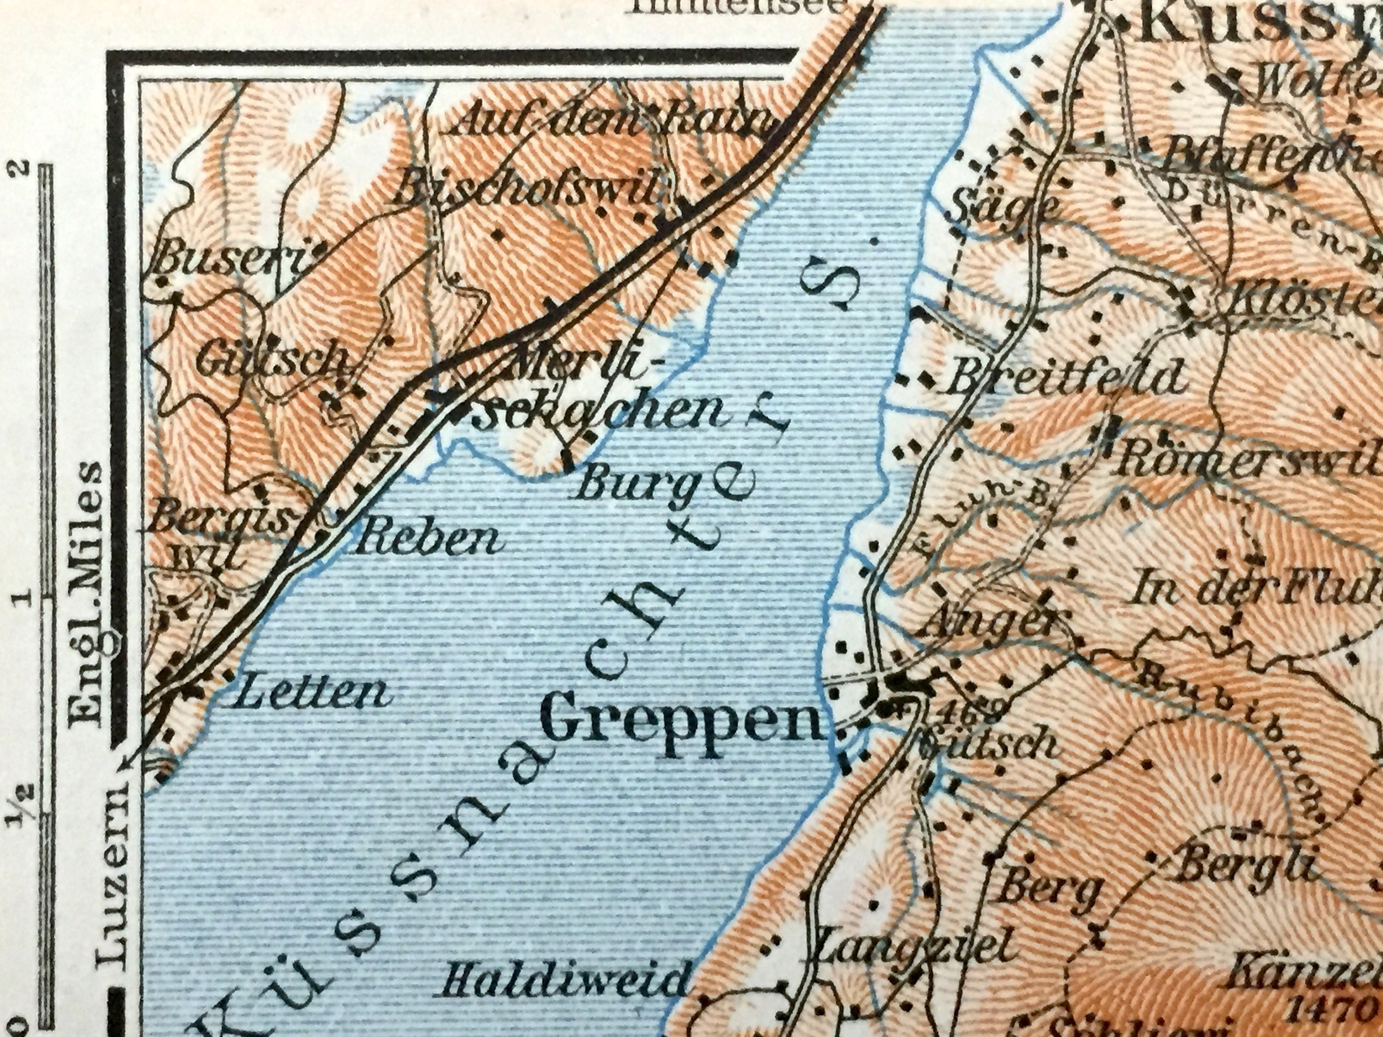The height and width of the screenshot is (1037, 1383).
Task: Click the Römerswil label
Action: coord(1244,462)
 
